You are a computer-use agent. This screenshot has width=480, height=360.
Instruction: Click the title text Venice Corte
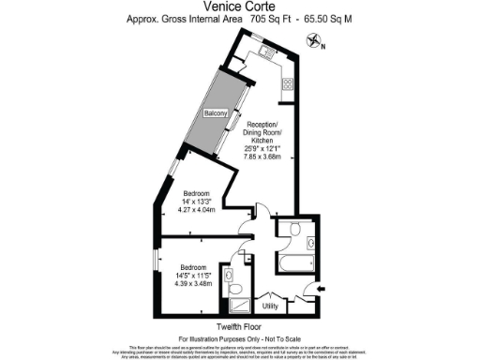(240, 8)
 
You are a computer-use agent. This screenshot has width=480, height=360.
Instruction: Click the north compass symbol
(312, 38)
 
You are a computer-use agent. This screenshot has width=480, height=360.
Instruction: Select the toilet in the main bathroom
(293, 229)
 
